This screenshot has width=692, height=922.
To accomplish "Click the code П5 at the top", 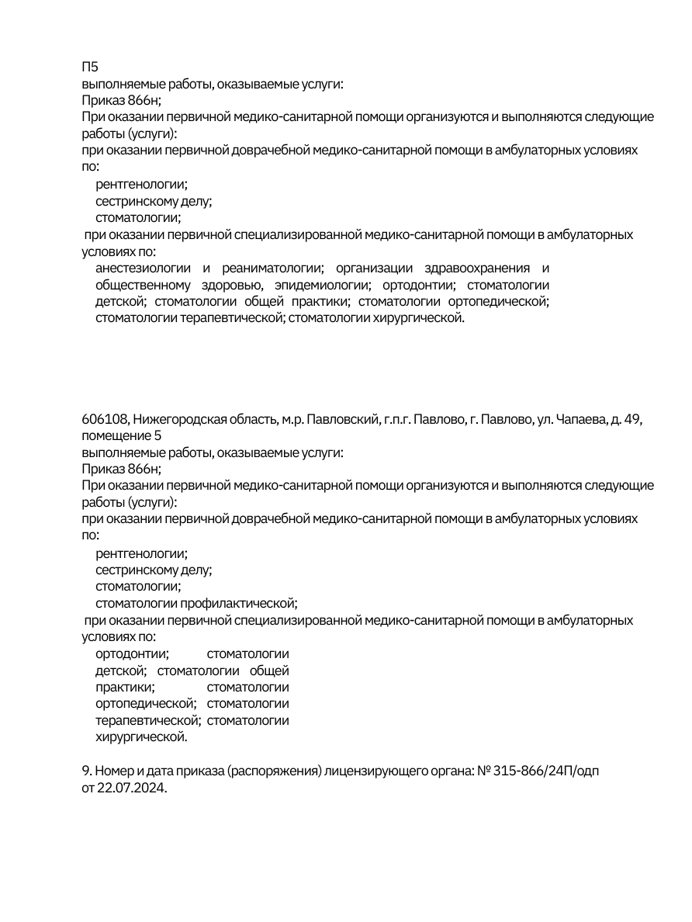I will pyautogui.click(x=90, y=67).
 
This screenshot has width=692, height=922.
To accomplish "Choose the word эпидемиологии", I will pyautogui.click(x=321, y=285).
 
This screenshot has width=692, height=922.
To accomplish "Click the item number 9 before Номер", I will pyautogui.click(x=85, y=771).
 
